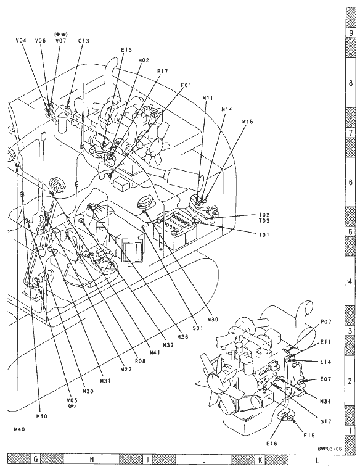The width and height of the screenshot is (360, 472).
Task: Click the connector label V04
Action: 21,40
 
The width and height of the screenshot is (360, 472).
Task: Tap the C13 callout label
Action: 84,41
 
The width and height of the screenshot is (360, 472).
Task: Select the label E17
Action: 162,72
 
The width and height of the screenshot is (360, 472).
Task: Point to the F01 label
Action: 186,85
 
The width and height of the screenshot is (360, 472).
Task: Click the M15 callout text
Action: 248,122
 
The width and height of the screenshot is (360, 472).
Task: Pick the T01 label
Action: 264,234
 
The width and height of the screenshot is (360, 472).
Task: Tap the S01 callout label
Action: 198,328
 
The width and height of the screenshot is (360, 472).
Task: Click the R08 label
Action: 140,361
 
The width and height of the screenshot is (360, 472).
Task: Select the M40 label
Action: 20,429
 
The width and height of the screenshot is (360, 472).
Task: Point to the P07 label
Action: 325,322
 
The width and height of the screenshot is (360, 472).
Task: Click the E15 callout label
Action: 309,435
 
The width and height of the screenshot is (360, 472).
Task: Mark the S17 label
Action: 325,421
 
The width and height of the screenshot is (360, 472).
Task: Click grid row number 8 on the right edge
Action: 350,83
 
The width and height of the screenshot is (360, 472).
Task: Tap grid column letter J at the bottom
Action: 204,460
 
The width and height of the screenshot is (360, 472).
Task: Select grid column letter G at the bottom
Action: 36,460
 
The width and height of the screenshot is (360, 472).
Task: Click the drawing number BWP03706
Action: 330,448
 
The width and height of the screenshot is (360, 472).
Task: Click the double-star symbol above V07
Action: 61,35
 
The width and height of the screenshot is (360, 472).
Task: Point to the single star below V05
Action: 72,406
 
